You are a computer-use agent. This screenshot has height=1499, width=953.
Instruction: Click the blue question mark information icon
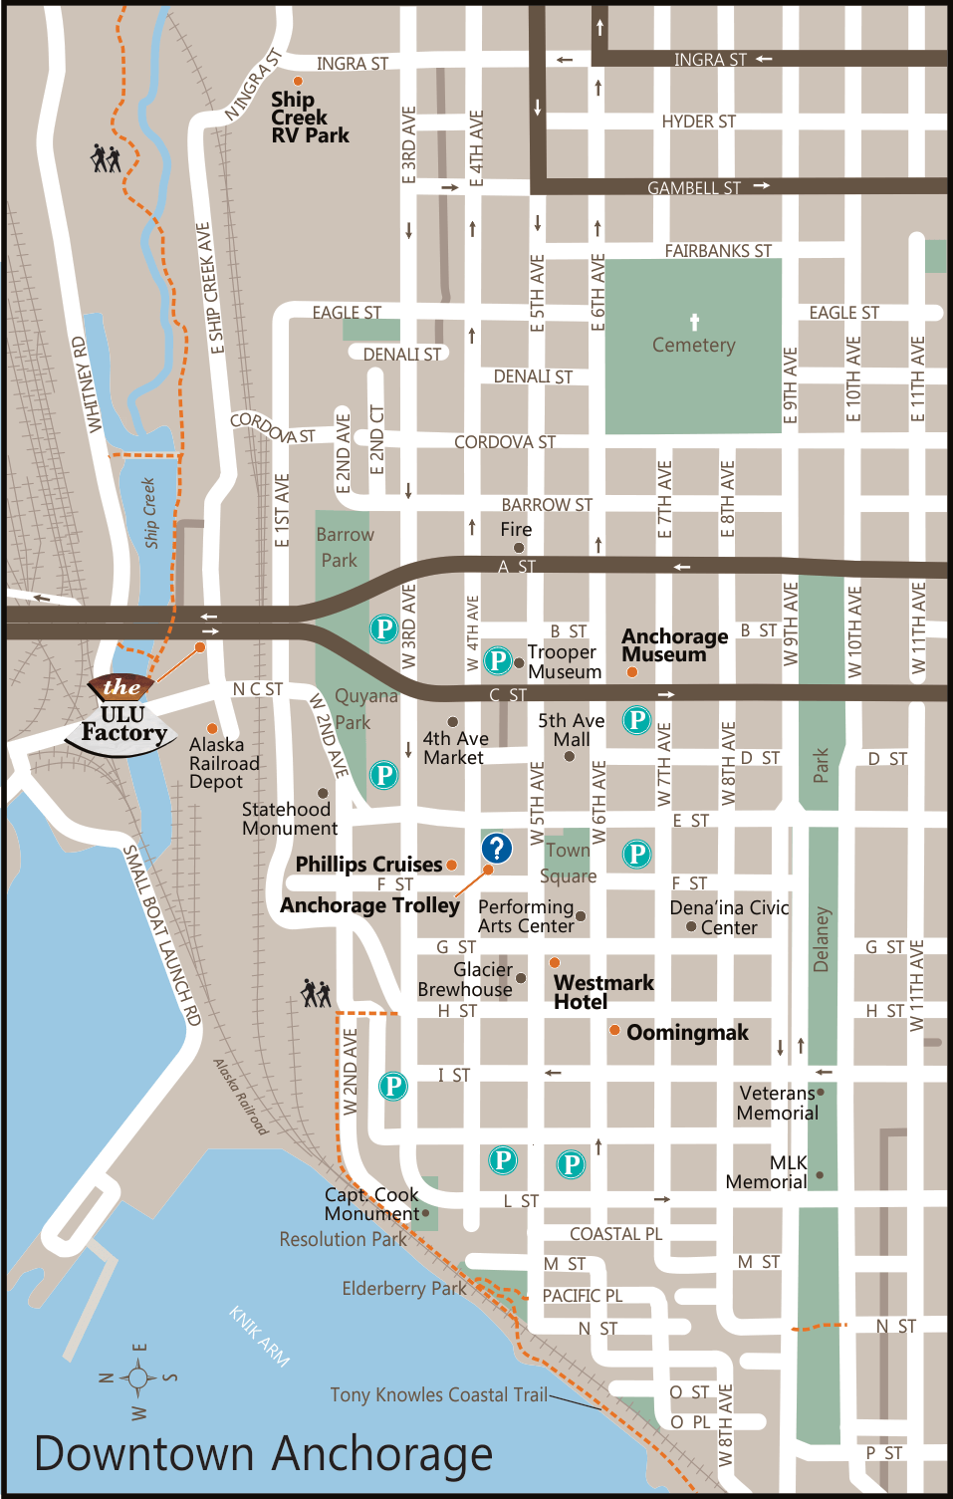496,848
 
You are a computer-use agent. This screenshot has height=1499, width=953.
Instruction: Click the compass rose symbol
137,1378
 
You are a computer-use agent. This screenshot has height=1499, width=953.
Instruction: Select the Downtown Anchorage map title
263,1453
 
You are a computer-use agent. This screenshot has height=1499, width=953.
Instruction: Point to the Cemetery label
693,345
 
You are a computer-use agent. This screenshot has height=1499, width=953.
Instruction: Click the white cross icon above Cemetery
694,322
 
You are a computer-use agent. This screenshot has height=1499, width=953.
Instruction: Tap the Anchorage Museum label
674,645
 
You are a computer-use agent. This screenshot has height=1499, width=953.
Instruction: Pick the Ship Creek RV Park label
309,118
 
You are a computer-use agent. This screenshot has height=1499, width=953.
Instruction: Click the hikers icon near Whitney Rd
106,157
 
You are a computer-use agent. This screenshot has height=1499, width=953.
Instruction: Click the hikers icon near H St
316,992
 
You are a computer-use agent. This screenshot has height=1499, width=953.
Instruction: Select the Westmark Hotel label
603,992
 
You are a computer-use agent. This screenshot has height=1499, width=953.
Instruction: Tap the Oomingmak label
686,1033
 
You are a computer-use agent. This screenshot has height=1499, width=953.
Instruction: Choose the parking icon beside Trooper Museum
497,660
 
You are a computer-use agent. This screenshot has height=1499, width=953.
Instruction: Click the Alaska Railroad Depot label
224,763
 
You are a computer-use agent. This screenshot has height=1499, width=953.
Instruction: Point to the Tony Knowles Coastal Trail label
438,1394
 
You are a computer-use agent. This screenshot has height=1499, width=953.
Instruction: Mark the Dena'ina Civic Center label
729,917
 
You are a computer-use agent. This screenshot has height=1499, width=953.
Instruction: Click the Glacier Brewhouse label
465,979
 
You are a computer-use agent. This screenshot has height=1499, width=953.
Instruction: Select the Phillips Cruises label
368,865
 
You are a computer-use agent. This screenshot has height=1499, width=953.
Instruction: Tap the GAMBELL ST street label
693,187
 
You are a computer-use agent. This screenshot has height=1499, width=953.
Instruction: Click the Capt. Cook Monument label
371,1203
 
